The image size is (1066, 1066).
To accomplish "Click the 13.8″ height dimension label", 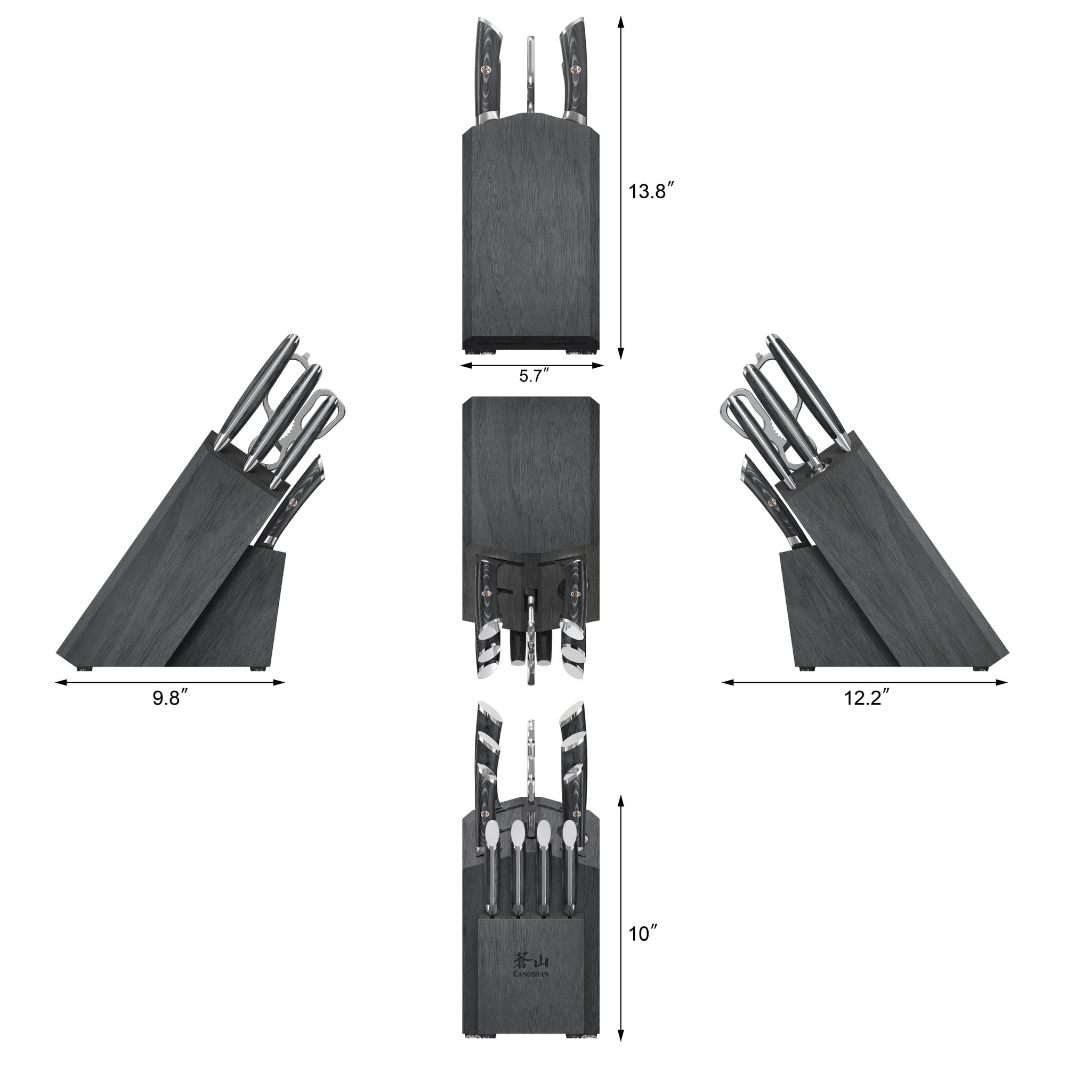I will point(651,192).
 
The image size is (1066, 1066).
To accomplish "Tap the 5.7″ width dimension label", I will point(533,376).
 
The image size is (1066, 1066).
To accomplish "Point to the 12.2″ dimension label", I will point(866,698).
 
